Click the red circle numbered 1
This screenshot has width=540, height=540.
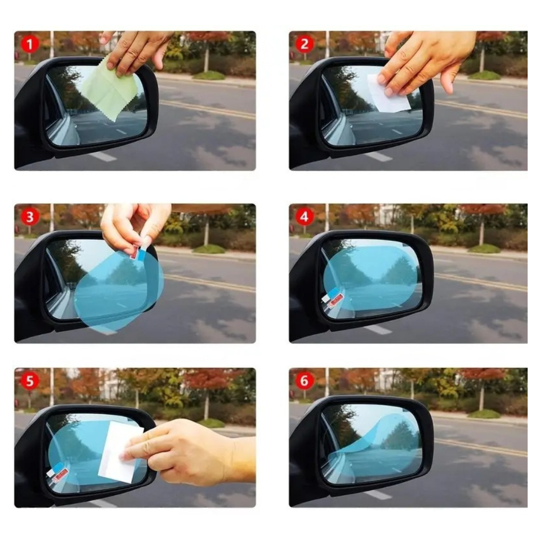pos(30,44)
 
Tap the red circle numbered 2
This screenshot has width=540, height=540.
pos(304,44)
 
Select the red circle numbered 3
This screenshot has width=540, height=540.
pos(30,217)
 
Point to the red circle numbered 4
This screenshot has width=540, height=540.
pos(304,217)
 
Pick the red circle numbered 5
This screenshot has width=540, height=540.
pos(30,381)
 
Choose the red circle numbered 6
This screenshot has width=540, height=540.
pos(304,381)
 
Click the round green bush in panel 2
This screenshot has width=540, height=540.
pos(484,75)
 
